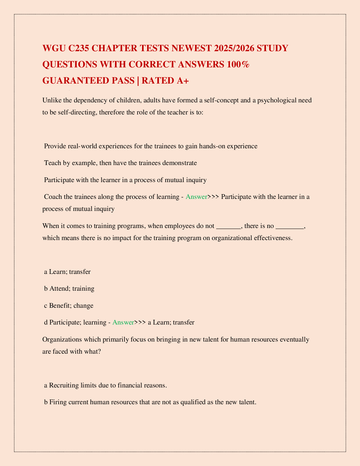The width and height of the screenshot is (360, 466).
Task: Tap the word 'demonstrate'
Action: (180, 163)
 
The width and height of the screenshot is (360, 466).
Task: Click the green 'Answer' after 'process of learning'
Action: (196, 197)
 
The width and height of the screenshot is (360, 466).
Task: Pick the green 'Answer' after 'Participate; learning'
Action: (123, 322)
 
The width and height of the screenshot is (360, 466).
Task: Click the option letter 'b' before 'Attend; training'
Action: (46, 288)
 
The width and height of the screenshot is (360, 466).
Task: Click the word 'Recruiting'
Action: (64, 385)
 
